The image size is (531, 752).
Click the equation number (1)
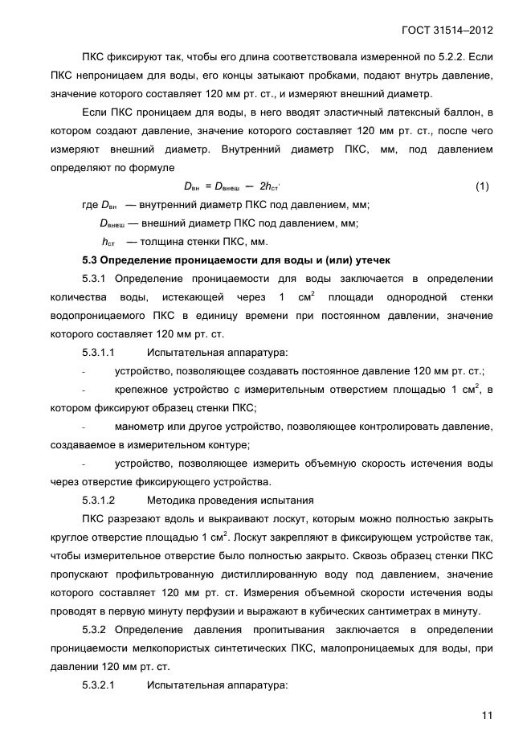(482, 186)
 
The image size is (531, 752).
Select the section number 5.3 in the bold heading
(93, 260)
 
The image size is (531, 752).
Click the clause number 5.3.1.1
(99, 352)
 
